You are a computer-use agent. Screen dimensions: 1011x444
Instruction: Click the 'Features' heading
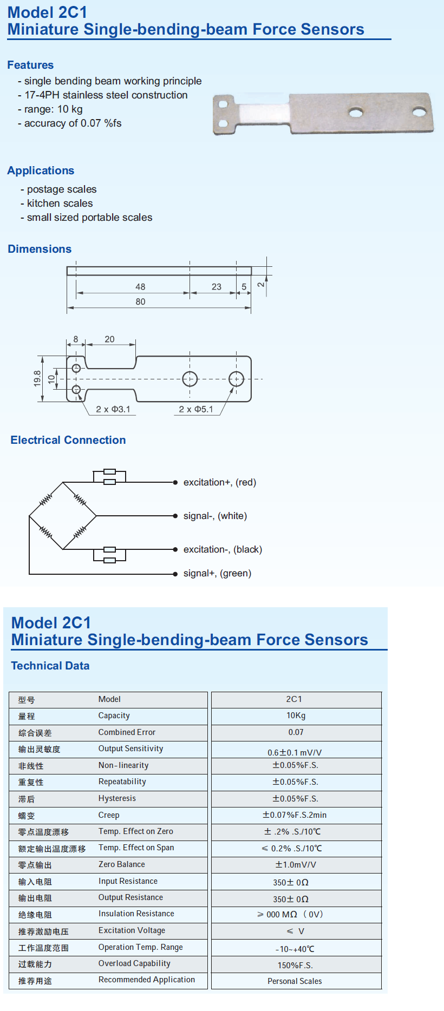[30, 65]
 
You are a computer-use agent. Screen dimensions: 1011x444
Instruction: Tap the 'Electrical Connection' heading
[68, 440]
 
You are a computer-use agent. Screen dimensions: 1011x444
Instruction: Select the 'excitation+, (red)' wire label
[219, 482]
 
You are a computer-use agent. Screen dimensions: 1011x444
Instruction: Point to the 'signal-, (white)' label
[215, 516]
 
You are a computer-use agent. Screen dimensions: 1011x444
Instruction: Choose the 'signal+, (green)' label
[217, 573]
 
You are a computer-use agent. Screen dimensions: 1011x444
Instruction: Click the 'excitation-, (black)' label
[223, 549]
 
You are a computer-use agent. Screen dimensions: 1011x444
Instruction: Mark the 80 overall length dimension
[140, 301]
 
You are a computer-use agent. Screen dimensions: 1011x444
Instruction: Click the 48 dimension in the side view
[140, 287]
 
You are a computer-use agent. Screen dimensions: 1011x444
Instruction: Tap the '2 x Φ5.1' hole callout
[196, 409]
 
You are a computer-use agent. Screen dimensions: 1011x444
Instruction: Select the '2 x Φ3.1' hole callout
[113, 409]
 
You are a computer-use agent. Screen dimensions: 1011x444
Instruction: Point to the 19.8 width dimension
[37, 378]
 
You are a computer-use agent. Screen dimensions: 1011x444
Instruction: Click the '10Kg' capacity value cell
[296, 715]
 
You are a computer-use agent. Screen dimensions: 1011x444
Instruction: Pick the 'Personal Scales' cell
[295, 981]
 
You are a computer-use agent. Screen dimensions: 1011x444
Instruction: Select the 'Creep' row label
[109, 815]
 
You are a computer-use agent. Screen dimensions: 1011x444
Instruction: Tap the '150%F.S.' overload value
[295, 965]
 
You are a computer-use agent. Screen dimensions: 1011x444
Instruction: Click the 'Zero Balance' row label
[122, 864]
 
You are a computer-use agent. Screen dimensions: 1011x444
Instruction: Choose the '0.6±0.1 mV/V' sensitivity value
[295, 752]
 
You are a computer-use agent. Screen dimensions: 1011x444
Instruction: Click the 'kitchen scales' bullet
[60, 203]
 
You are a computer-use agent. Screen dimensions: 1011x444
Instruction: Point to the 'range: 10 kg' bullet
[53, 109]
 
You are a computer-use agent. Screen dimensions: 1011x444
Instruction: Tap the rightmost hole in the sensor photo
[419, 113]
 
